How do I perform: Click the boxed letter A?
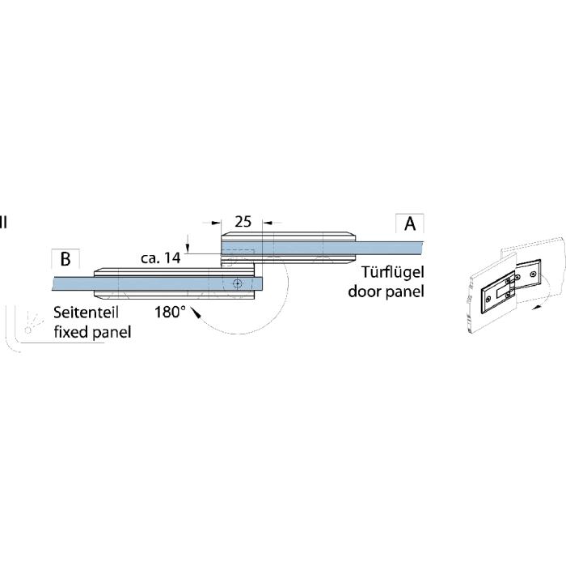[410, 223]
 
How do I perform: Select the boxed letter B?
[65, 259]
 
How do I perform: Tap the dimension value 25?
[243, 221]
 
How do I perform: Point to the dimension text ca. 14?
[160, 257]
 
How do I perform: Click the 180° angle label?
[170, 312]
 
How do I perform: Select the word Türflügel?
[393, 272]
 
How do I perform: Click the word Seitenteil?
[86, 313]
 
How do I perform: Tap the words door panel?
[386, 292]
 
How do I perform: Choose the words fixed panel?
[92, 332]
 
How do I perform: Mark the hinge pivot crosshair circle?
[237, 283]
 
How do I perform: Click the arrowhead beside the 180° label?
[196, 313]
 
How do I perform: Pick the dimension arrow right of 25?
[268, 223]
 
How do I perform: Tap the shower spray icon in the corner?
[33, 322]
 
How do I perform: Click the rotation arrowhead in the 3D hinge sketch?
[538, 307]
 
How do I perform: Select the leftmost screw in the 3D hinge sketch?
[488, 299]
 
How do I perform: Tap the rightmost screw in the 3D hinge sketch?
[532, 274]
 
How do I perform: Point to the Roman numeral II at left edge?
[3, 223]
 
